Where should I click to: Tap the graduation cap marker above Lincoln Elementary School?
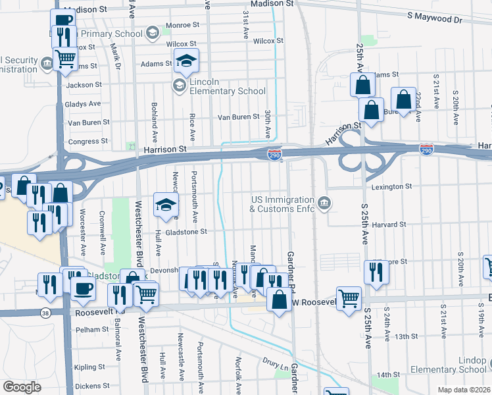coord(187,63)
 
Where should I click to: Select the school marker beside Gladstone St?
coord(166,205)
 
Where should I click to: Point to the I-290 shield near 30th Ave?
coord(275,155)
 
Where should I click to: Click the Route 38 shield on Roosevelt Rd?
coord(45,312)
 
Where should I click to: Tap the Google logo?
coord(21,387)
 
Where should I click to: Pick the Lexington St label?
coord(390,187)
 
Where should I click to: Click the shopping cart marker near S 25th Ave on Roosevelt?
coord(349,298)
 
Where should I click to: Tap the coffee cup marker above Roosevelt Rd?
coord(83,290)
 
